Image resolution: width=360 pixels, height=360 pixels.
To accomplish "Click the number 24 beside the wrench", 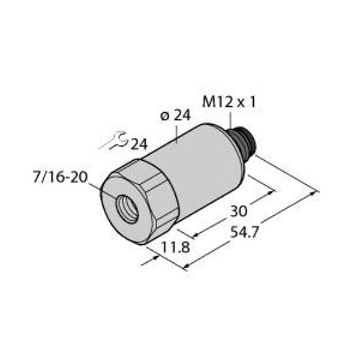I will pos(139,144).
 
